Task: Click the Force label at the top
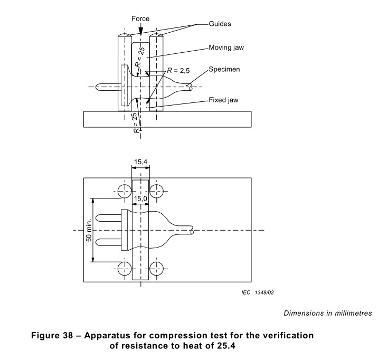(140, 19)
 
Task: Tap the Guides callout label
(220, 24)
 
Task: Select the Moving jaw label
(226, 48)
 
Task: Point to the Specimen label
(224, 69)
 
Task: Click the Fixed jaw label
(223, 100)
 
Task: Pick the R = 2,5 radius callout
(178, 70)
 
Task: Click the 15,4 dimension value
(140, 162)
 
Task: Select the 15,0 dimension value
(140, 199)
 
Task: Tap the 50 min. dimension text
(89, 230)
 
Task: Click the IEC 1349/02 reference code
(258, 292)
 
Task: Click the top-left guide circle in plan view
(125, 191)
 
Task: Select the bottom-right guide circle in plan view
(156, 269)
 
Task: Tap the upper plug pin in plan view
(108, 219)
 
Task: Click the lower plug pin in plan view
(108, 242)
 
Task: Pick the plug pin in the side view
(107, 87)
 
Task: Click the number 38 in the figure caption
(68, 335)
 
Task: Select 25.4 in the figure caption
(226, 346)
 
